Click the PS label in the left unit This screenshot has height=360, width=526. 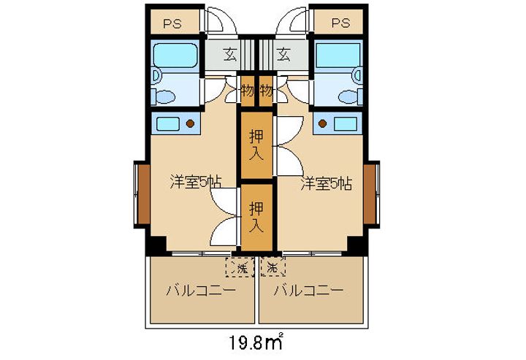[172, 23]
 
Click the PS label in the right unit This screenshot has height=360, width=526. [340, 23]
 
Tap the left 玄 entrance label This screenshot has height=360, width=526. [230, 54]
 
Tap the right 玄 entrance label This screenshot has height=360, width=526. [283, 54]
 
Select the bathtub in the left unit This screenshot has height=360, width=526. [175, 55]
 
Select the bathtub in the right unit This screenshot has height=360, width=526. [338, 55]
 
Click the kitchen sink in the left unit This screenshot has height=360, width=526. [169, 123]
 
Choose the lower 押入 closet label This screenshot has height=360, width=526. [256, 215]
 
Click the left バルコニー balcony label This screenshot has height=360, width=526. [199, 290]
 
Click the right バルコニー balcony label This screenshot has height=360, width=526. [308, 290]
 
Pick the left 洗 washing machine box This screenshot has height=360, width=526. [241, 267]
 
